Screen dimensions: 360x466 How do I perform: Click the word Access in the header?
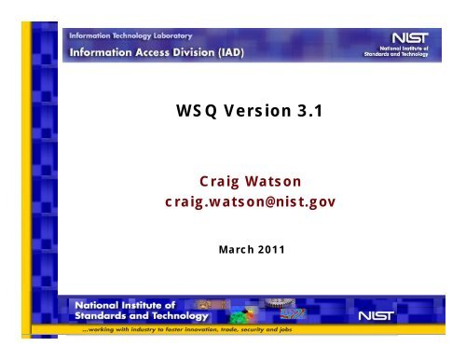coord(144,51)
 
